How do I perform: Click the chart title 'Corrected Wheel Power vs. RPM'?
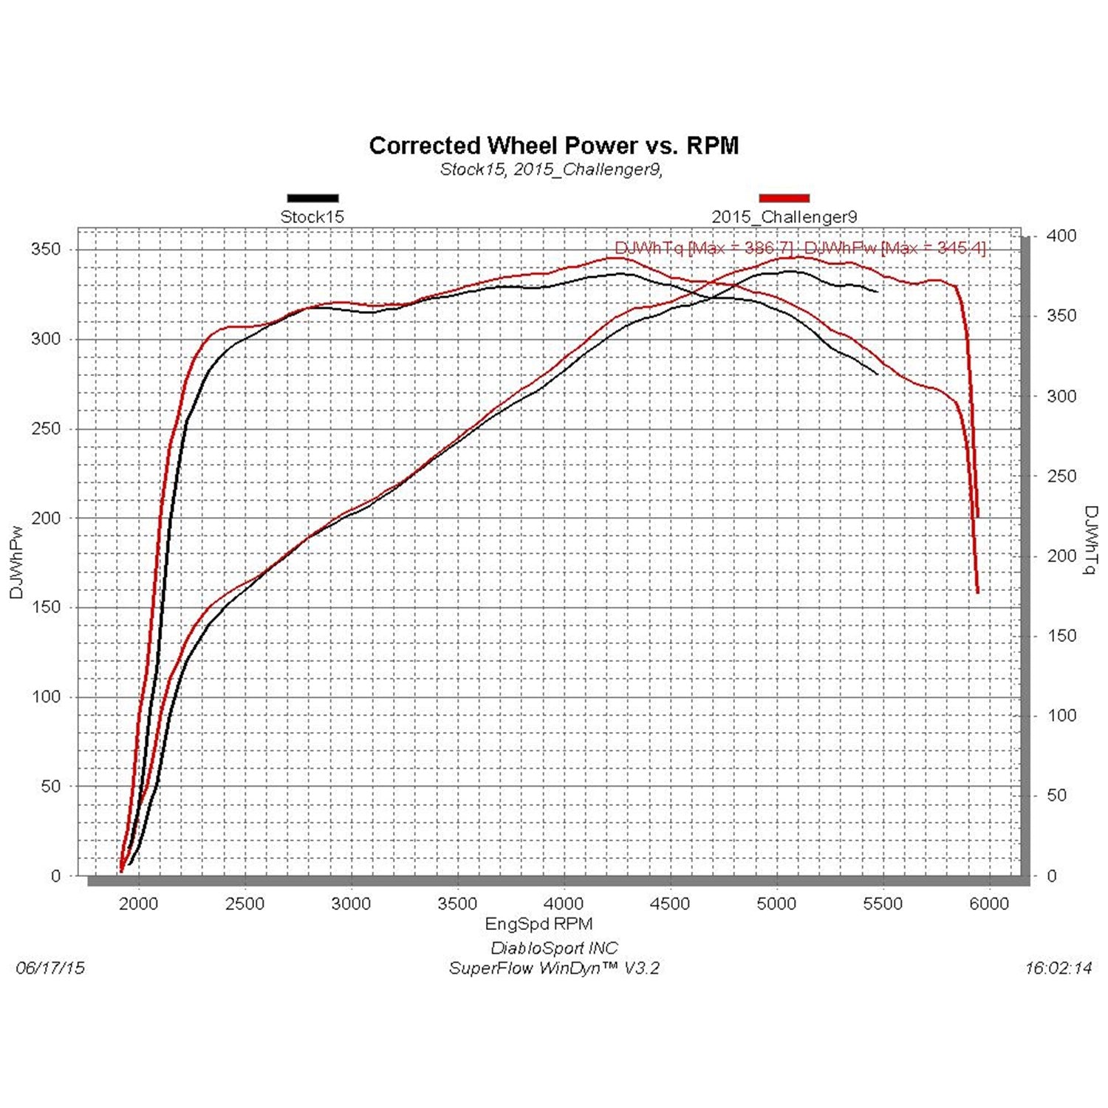(553, 146)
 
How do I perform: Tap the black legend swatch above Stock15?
(312, 198)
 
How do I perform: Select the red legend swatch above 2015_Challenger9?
(784, 198)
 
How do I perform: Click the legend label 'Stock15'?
(312, 217)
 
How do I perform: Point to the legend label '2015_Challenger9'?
(784, 217)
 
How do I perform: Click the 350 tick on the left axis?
(46, 250)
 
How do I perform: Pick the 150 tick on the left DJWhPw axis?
(46, 607)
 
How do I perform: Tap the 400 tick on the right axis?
(1061, 236)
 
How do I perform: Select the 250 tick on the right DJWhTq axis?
(1061, 476)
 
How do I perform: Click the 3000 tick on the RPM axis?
(351, 904)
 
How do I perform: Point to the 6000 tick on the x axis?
(988, 904)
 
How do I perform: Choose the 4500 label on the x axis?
(670, 904)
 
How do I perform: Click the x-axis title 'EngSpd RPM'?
(538, 924)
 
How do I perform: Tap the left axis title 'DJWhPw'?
(17, 561)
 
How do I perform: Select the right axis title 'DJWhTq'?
(1090, 539)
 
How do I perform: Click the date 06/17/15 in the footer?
(50, 968)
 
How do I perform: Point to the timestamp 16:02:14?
(1058, 968)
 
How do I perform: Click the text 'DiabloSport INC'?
(554, 948)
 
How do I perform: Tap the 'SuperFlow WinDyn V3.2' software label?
(554, 968)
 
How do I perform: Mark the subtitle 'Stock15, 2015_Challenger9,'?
(551, 170)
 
